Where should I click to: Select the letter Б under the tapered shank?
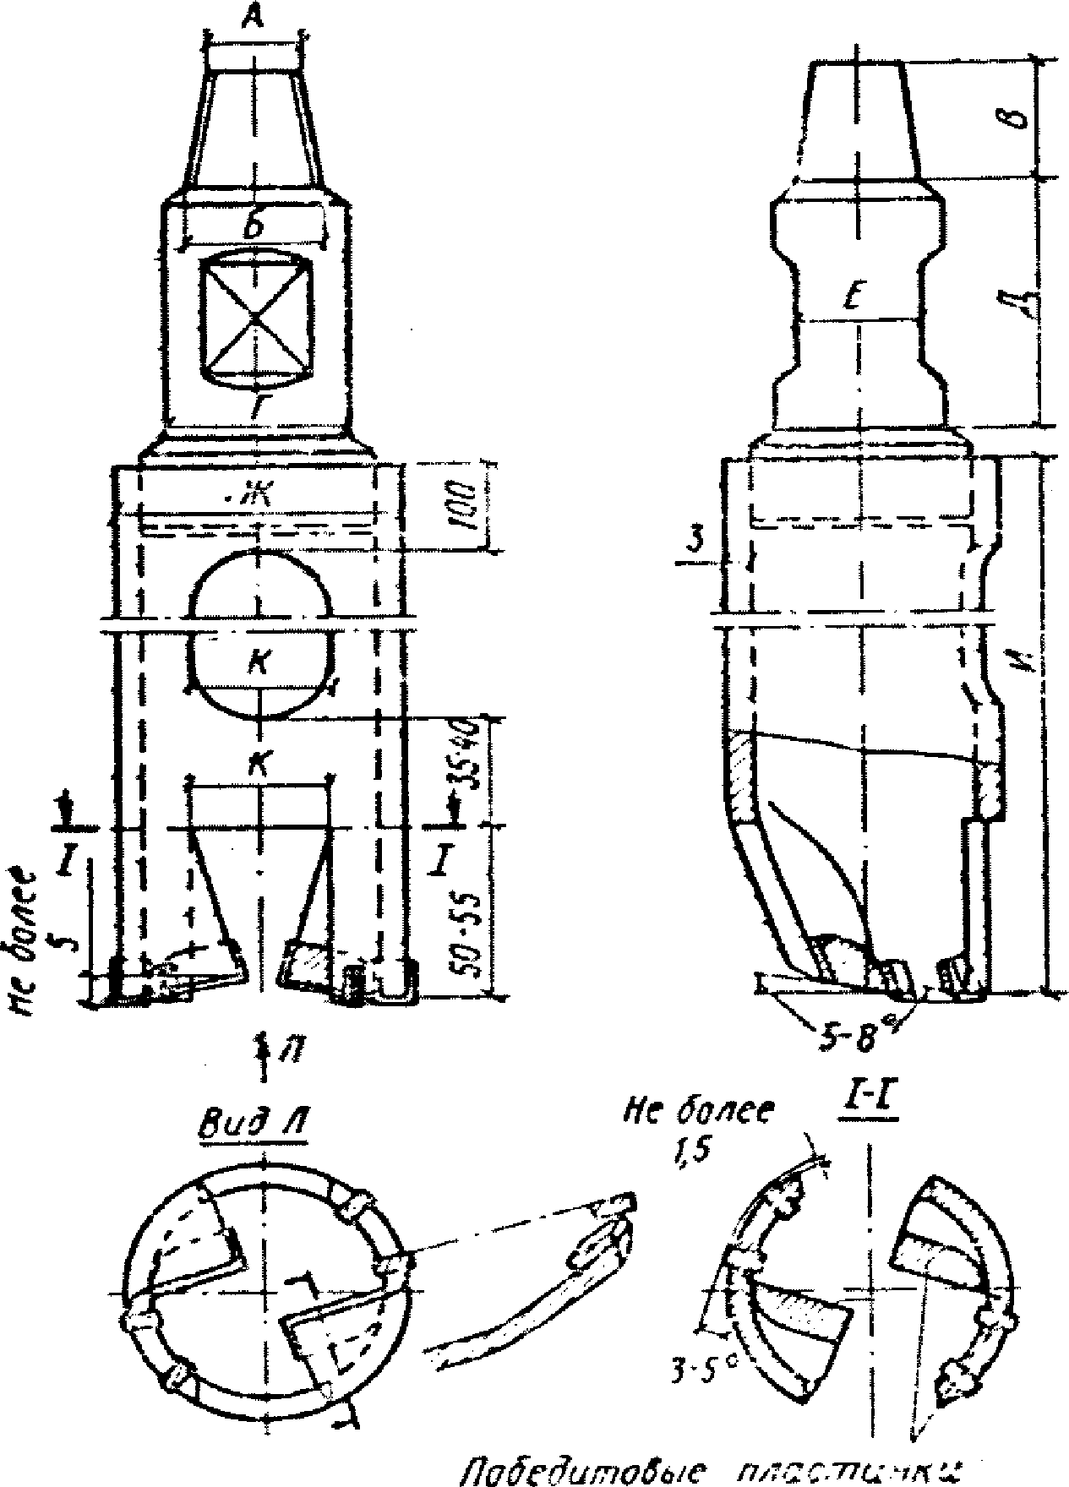253,227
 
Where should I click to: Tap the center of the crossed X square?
254,319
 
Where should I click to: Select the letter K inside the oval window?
260,662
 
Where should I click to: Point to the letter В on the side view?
1023,119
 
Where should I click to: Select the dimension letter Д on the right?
1026,303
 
